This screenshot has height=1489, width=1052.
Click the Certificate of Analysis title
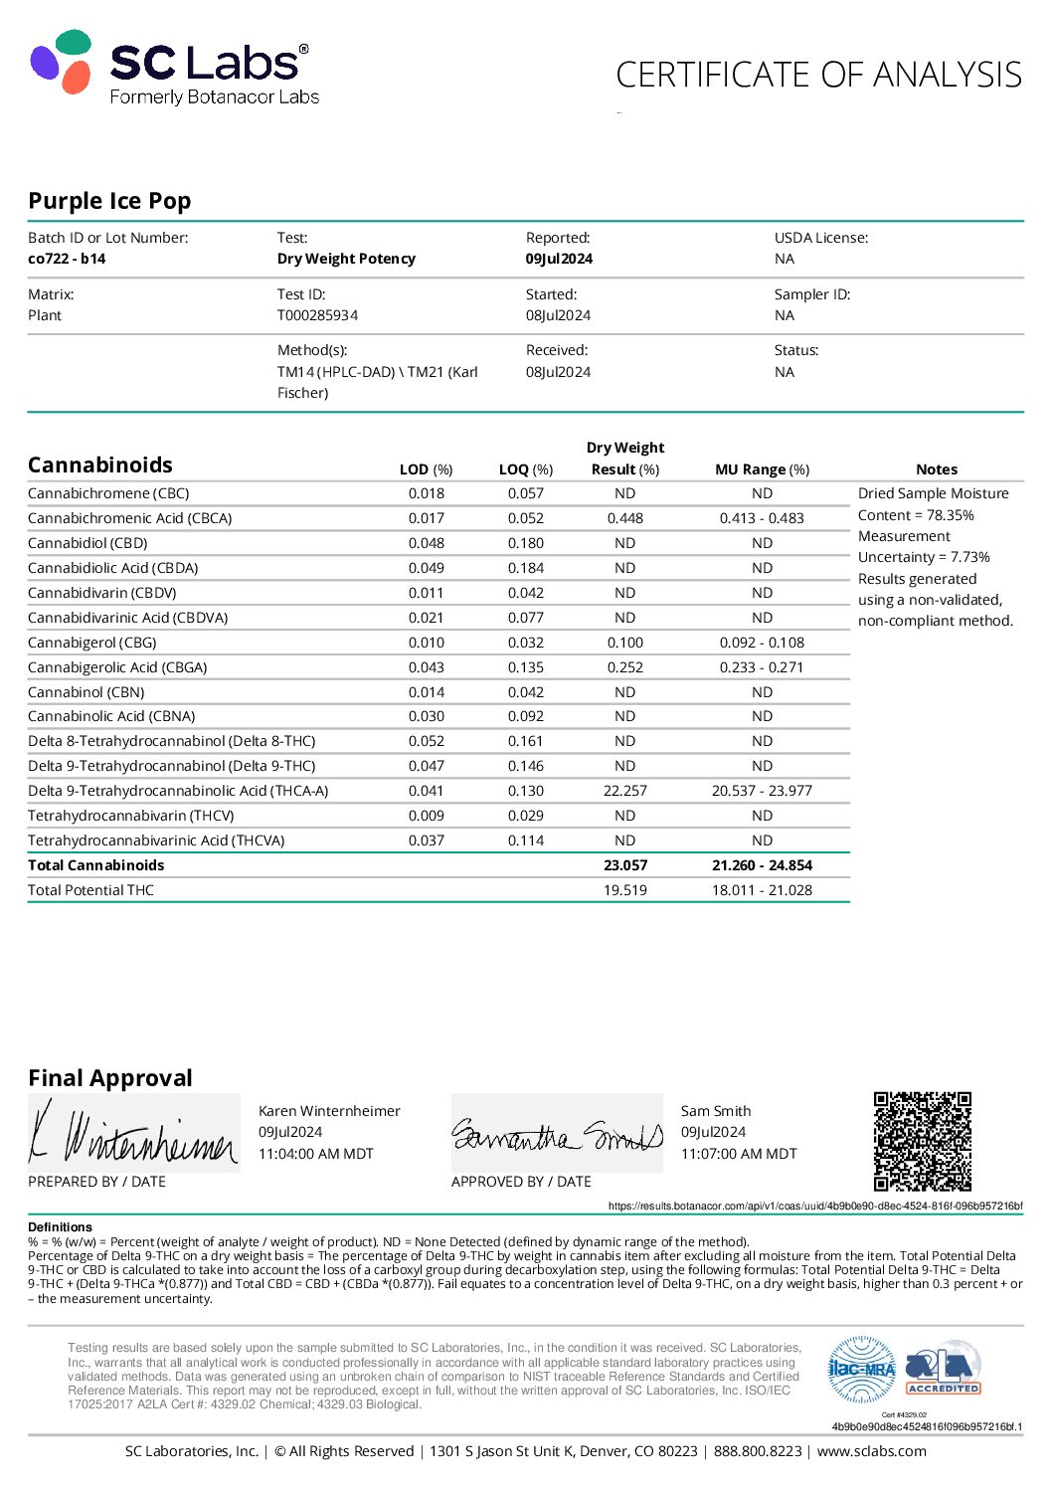[x=818, y=76]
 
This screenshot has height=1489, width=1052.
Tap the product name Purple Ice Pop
[x=109, y=201]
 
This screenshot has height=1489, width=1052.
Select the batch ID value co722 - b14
[x=67, y=259]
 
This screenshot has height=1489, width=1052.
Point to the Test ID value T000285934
[x=317, y=315]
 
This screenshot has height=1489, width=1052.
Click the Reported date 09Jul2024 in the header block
[x=559, y=259]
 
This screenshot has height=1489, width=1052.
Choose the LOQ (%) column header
[x=525, y=469]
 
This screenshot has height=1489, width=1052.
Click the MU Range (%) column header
[x=762, y=469]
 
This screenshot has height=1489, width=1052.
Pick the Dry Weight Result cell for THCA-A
[x=624, y=791]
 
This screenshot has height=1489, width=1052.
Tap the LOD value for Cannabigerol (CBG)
[x=426, y=643]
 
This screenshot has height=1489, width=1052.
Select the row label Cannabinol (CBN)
[x=87, y=692]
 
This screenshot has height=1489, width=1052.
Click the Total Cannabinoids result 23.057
[x=624, y=865]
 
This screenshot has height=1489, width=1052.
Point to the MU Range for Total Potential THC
[x=762, y=890]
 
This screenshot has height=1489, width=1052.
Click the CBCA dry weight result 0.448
[x=624, y=518]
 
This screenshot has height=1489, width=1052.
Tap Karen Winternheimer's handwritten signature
[x=133, y=1134]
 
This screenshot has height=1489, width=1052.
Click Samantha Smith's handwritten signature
[x=557, y=1134]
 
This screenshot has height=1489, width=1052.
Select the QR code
[x=922, y=1141]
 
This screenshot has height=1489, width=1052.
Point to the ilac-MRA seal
[x=862, y=1370]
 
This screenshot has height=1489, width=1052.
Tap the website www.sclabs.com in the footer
[x=871, y=1451]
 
